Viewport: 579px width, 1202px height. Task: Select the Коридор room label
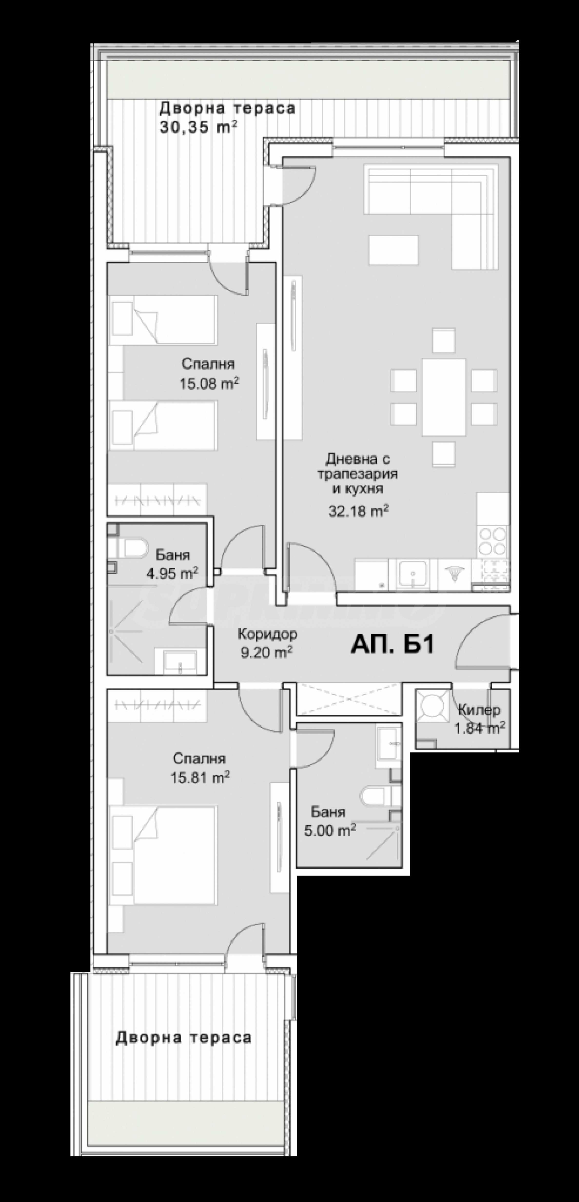(267, 634)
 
